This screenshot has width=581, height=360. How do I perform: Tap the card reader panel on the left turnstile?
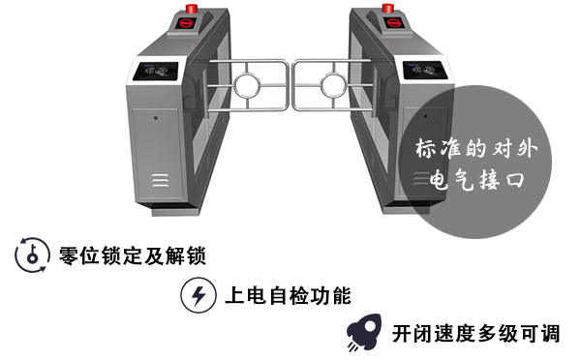pyautogui.click(x=158, y=72)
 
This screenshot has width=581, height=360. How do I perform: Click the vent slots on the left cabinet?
pyautogui.click(x=159, y=179)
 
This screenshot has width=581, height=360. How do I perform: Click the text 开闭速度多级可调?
pyautogui.click(x=475, y=334)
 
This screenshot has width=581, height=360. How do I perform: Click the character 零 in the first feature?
pyautogui.click(x=69, y=255)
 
